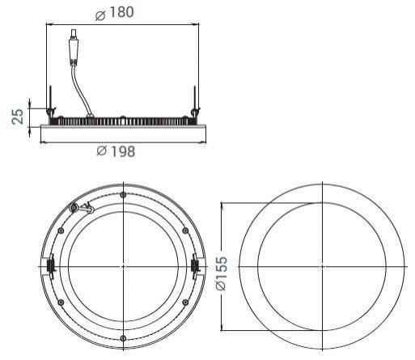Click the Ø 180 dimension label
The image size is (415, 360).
coord(115,13)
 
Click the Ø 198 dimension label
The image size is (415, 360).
coord(116,151)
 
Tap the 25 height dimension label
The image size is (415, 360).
coord(18,116)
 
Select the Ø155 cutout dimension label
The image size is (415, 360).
coord(222,273)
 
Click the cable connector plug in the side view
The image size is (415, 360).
coord(74,48)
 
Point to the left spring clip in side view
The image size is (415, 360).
coord(50,103)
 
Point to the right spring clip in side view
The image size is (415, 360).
coord(195,103)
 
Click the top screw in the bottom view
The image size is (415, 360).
coord(123,195)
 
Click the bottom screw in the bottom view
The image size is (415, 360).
coord(123,338)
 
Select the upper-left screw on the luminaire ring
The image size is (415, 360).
coord(61,231)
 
